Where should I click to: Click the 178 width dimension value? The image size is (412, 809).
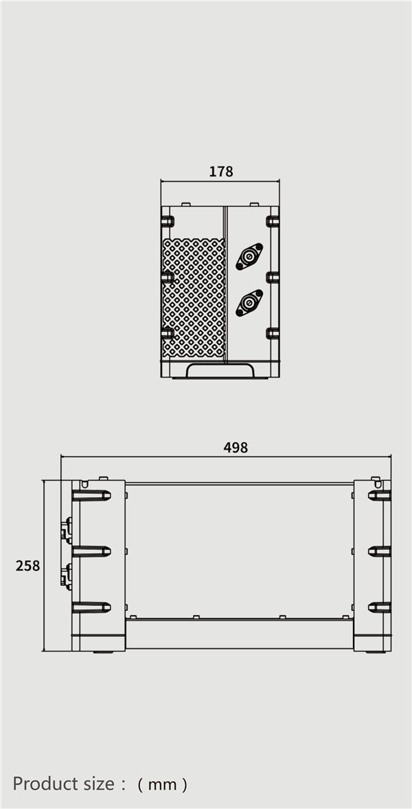pos(221,171)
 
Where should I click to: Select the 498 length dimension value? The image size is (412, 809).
pos(236,448)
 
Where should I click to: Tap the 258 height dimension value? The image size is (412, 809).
pos(28,566)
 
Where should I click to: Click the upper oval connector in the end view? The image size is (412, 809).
pos(249,257)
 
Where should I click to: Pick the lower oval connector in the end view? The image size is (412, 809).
pos(249,302)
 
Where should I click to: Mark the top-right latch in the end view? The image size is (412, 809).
pos(273,221)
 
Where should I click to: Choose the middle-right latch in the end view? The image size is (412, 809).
pos(273,277)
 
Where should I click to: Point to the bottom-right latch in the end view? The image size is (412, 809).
pos(273,334)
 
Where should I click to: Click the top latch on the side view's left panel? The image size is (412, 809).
pos(91,495)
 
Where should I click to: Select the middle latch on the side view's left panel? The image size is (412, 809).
pos(91,551)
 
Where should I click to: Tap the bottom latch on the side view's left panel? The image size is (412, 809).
pos(91,607)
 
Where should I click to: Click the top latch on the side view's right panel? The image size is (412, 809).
pos(379,495)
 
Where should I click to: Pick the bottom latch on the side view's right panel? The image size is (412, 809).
pos(379,607)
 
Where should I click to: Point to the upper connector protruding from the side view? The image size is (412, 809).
pos(66,529)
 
